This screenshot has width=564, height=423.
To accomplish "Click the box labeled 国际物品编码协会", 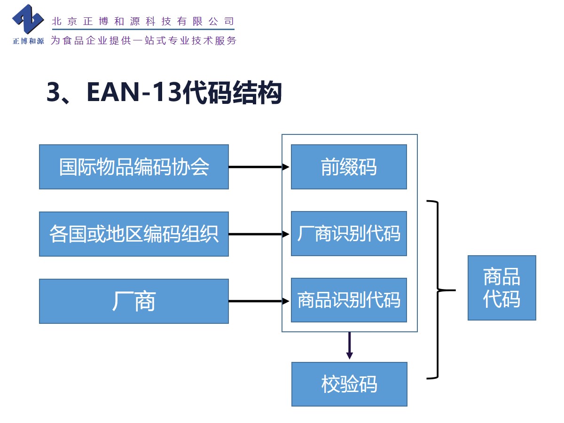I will pyautogui.click(x=134, y=167).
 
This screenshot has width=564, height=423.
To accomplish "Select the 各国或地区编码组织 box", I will pyautogui.click(x=134, y=234).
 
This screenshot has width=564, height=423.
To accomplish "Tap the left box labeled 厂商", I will pyautogui.click(x=134, y=301).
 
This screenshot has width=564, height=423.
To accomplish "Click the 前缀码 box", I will pyautogui.click(x=349, y=167).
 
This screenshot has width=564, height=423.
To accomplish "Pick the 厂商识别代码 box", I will pyautogui.click(x=349, y=234).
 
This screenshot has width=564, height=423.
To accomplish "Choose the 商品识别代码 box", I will pyautogui.click(x=349, y=300).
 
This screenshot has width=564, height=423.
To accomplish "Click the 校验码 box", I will pyautogui.click(x=349, y=384).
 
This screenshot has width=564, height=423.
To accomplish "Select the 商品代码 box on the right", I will pyautogui.click(x=501, y=288).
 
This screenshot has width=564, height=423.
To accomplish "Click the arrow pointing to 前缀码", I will pyautogui.click(x=258, y=167).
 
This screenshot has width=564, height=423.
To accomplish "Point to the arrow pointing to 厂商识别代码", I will pyautogui.click(x=258, y=234).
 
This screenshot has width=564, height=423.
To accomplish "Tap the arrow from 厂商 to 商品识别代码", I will pyautogui.click(x=258, y=301).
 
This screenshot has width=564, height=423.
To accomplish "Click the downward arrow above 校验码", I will pyautogui.click(x=349, y=346).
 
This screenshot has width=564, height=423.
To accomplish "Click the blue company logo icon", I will pyautogui.click(x=28, y=20).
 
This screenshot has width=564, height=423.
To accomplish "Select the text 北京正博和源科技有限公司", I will pyautogui.click(x=143, y=21).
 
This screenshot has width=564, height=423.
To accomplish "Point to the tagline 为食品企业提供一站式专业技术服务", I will pyautogui.click(x=143, y=40).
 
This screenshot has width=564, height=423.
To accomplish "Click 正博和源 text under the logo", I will pyautogui.click(x=28, y=41).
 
